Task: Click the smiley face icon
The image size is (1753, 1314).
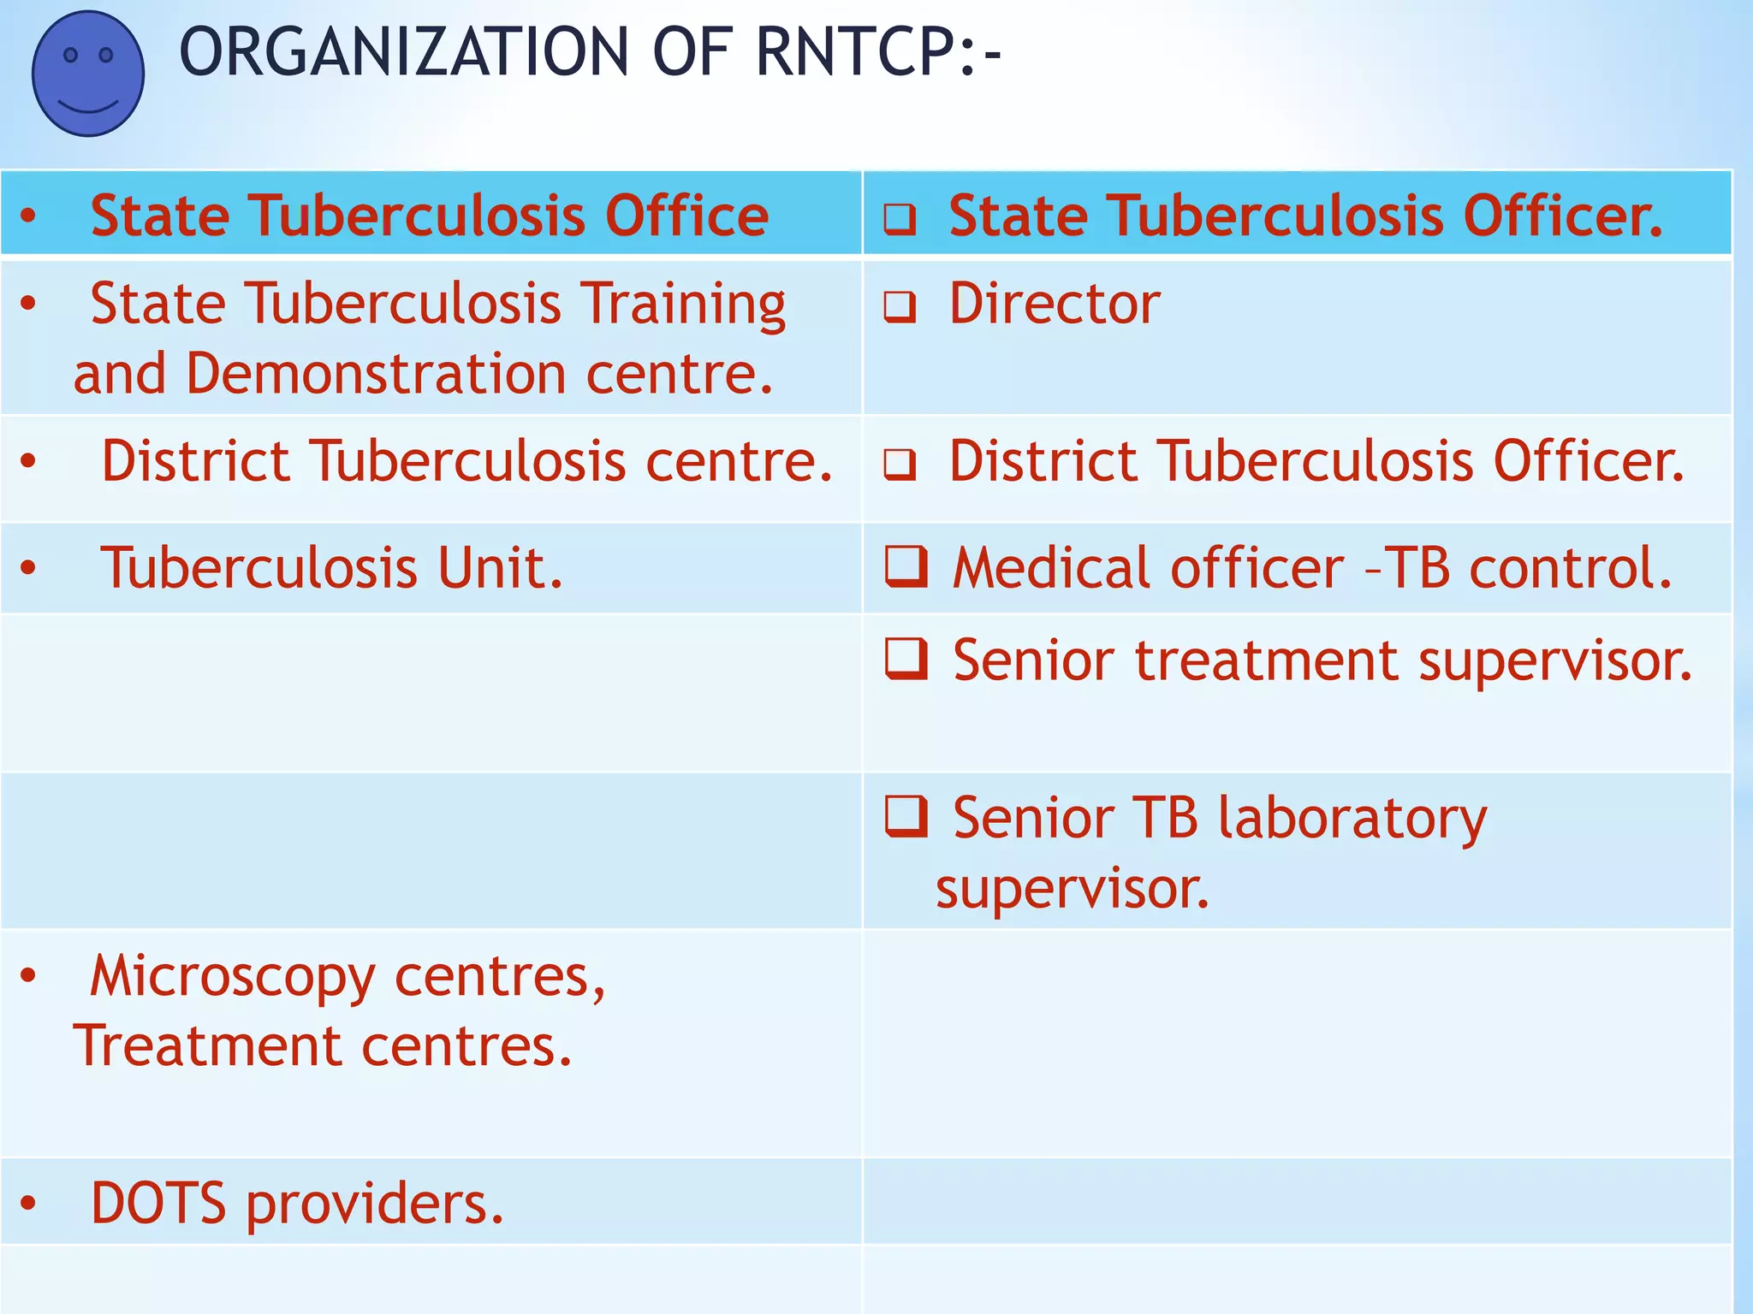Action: (x=88, y=74)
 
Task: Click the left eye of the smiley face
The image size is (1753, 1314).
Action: (x=71, y=56)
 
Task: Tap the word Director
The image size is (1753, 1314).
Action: (x=1055, y=304)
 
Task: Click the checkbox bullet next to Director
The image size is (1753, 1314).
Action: (x=900, y=306)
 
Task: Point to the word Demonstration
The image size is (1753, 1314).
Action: (x=377, y=375)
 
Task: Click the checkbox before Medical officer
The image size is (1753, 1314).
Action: (x=906, y=566)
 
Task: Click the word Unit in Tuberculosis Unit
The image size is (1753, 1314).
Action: (x=501, y=568)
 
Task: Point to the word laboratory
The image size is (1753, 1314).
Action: (x=1352, y=818)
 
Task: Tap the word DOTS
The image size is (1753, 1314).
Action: (x=158, y=1203)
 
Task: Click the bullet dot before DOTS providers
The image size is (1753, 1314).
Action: (x=28, y=1203)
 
